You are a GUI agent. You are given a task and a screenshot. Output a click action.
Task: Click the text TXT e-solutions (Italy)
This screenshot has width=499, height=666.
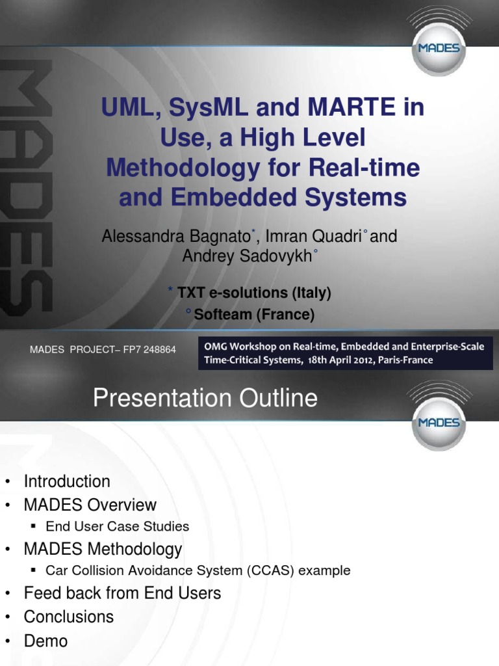[x=254, y=293]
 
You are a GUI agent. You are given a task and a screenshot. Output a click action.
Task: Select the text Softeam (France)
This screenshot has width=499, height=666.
[x=254, y=315]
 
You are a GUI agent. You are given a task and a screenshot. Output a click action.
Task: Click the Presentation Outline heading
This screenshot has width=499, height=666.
[x=205, y=398]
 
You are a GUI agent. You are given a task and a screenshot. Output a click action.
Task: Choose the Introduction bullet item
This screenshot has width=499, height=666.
[x=67, y=482]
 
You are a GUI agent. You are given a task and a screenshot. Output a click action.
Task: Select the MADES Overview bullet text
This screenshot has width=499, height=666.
[x=90, y=505]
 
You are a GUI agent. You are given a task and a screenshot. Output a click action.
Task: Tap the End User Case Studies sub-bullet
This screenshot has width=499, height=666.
[x=118, y=527]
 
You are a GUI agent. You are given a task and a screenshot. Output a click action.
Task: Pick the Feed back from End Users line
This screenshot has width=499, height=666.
[x=122, y=593]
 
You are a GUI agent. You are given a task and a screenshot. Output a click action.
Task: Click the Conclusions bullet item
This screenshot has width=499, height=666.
[x=69, y=617]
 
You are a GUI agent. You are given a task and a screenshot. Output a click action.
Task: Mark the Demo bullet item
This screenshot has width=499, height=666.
[x=45, y=641]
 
